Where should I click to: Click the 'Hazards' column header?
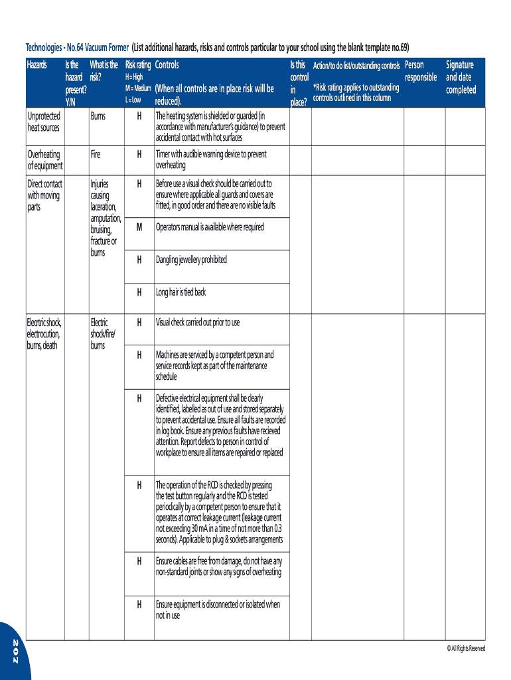(x=36, y=65)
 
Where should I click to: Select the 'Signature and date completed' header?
(x=461, y=77)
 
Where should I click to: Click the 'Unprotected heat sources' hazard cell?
(x=44, y=122)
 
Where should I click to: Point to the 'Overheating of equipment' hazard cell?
(x=45, y=160)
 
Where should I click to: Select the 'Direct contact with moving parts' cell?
(x=45, y=195)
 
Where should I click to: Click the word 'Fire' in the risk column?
(x=96, y=154)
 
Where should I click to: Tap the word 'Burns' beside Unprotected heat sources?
(x=98, y=116)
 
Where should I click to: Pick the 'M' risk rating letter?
(x=139, y=227)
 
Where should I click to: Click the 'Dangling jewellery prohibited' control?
(x=191, y=260)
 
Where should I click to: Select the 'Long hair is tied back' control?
(x=181, y=292)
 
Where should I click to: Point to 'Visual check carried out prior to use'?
(x=198, y=323)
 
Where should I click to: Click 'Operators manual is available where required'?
(x=210, y=227)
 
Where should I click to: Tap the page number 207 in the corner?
(x=15, y=655)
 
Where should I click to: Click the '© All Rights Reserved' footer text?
(x=466, y=648)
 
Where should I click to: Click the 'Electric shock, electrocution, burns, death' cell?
(x=44, y=334)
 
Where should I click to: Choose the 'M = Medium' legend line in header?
(x=138, y=88)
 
